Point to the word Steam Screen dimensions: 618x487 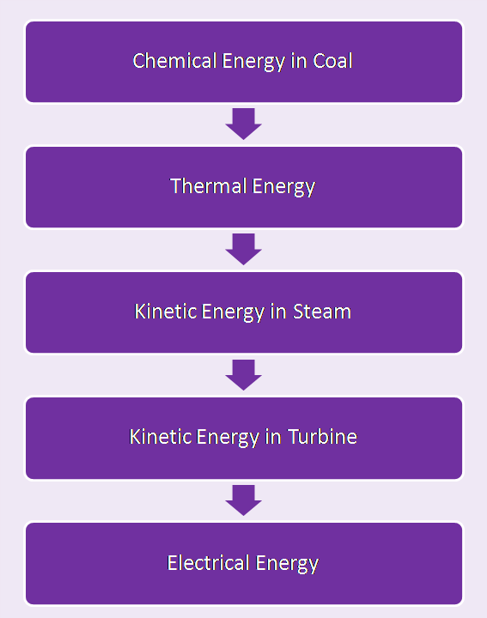(321, 312)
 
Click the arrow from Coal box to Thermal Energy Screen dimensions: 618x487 (243, 124)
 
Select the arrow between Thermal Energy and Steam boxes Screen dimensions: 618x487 (243, 249)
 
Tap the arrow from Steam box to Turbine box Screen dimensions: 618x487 (243, 375)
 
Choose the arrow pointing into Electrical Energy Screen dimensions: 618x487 (243, 500)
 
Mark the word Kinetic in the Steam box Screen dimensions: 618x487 (165, 312)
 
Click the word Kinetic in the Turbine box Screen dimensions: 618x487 (160, 437)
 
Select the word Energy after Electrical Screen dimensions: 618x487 (282, 563)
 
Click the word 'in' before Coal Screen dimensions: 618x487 (295, 61)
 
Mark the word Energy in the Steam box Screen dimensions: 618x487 (234, 312)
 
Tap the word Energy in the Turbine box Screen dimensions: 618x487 (228, 437)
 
